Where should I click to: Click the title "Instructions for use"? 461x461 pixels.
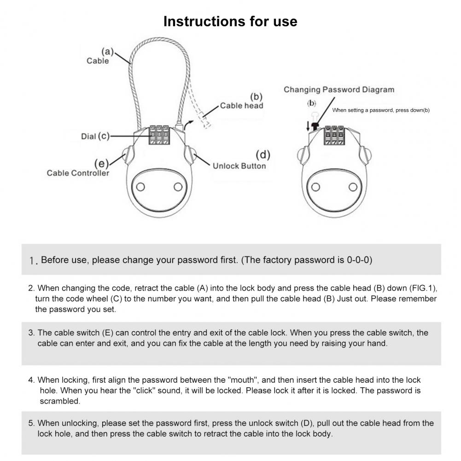coord(230,22)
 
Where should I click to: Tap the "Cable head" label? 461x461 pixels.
coord(241,105)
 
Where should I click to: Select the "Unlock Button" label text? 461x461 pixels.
coord(239,166)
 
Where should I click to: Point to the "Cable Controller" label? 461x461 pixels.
coord(78,173)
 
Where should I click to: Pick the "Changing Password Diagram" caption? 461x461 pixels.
coord(339,90)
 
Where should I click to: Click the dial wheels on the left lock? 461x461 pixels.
coord(158,136)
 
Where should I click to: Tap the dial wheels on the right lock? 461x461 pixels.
coord(334,136)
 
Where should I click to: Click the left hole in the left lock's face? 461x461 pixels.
coord(141,187)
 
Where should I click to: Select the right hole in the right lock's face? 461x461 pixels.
coord(353,187)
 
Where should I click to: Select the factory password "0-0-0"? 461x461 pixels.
coord(359,260)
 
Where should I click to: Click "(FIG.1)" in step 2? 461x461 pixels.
coord(422,288)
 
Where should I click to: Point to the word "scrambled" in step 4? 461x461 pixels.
coord(60,401)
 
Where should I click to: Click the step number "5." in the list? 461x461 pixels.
coord(31,423)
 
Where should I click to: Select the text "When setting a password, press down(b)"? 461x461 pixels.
coord(381,110)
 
